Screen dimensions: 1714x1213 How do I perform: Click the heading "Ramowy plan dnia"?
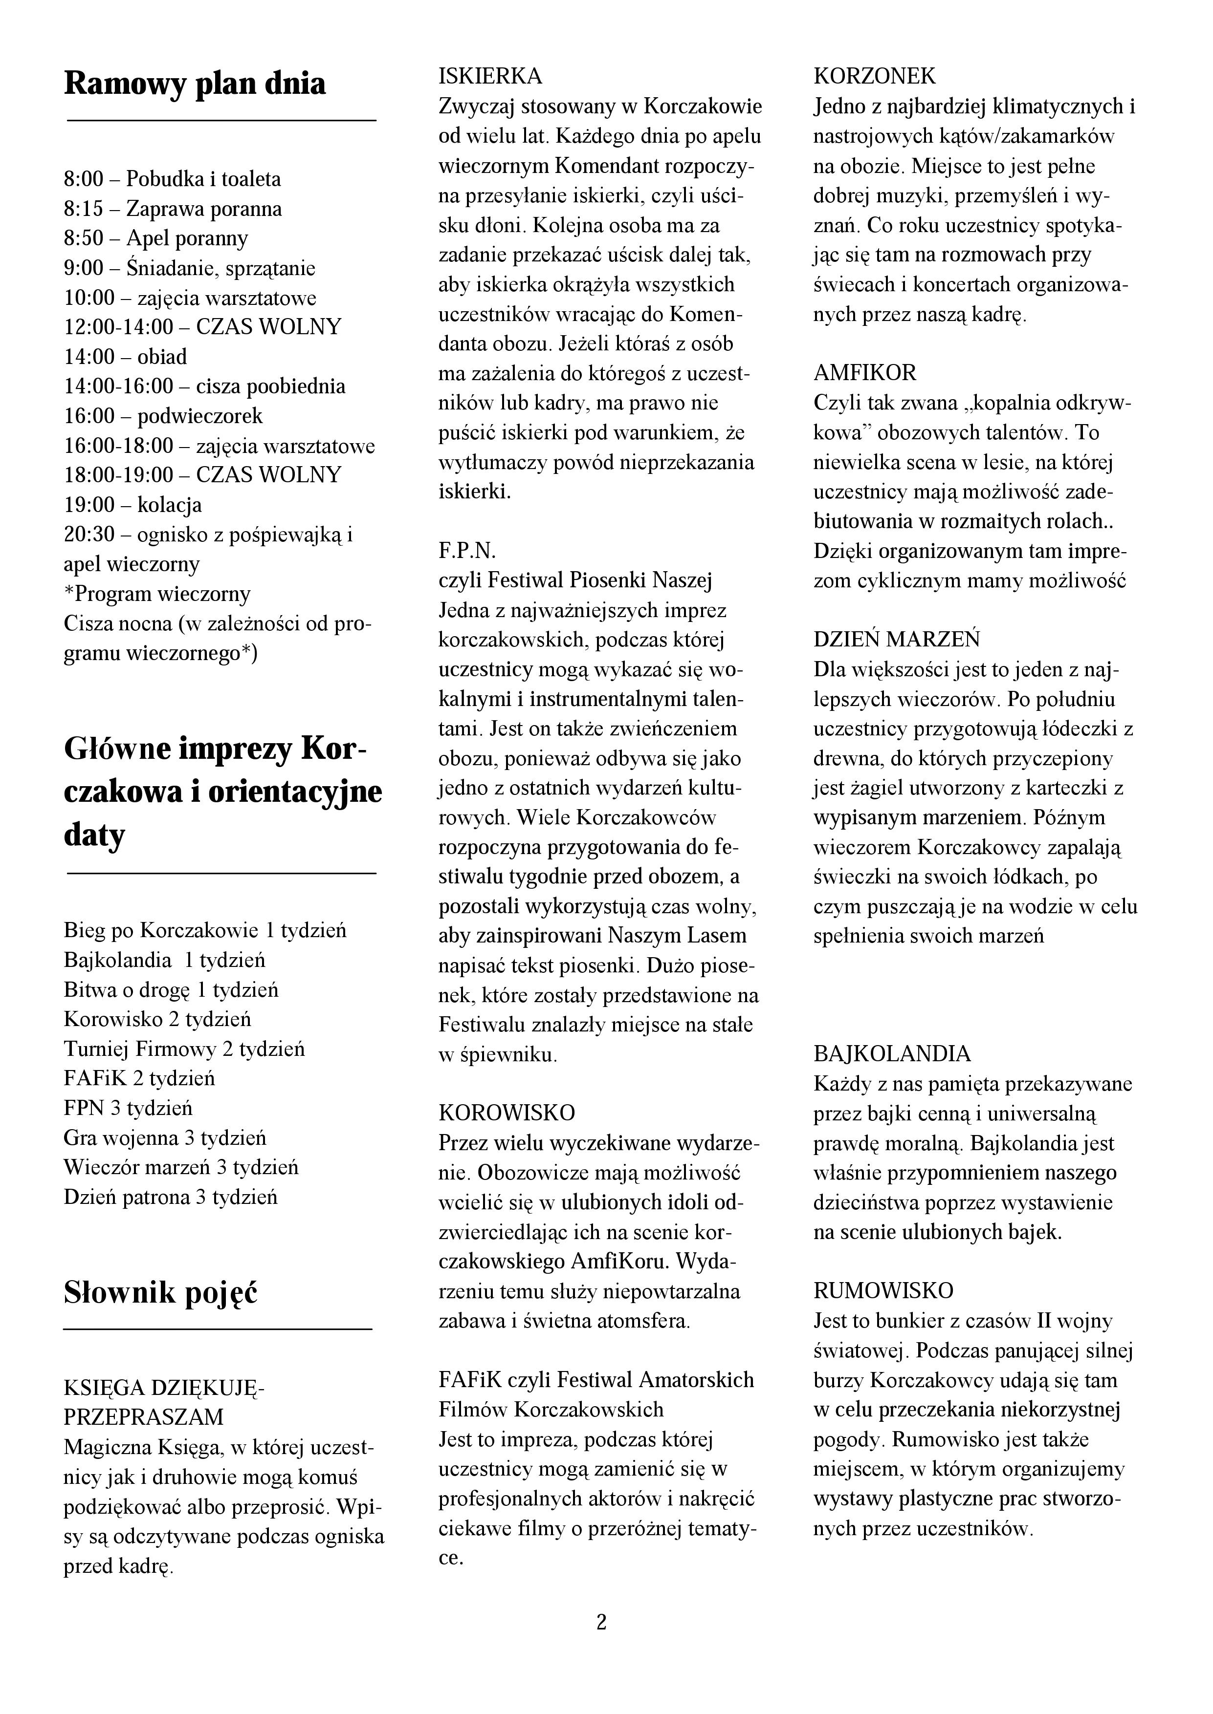(195, 84)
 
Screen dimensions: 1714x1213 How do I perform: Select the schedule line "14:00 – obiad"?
(126, 357)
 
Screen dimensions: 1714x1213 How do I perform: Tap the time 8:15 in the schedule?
(84, 209)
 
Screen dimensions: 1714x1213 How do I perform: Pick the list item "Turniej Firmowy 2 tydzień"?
(184, 1049)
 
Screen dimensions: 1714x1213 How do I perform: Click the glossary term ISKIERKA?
(490, 76)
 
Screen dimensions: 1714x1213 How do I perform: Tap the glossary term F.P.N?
(467, 551)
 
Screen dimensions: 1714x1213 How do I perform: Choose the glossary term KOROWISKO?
(507, 1113)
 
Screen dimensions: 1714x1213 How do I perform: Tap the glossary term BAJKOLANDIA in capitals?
(892, 1054)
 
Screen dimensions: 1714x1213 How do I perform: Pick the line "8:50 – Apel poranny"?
(156, 239)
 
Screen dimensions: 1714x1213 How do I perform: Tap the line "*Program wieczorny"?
(157, 594)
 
